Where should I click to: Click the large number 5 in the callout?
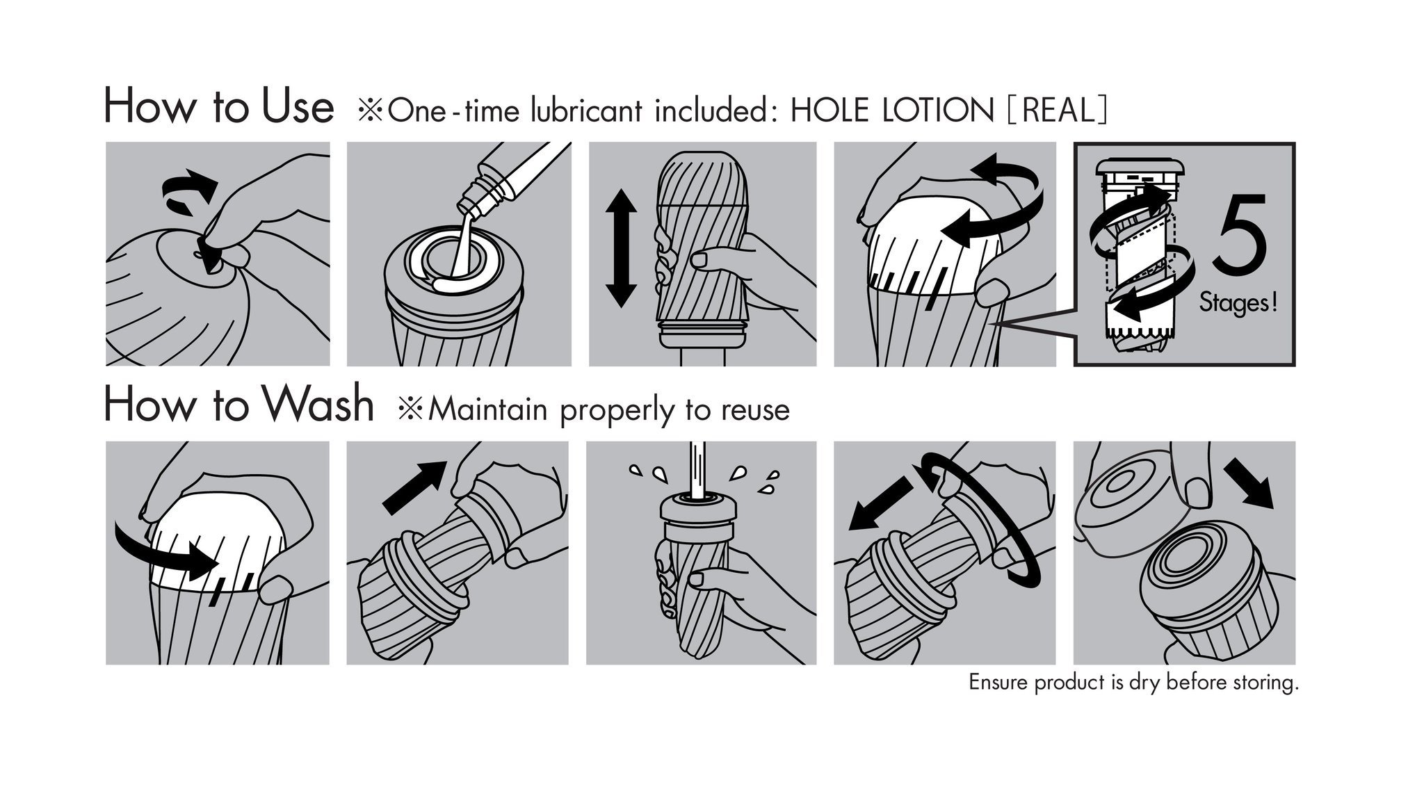(x=1240, y=235)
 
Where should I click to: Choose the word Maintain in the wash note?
(x=488, y=409)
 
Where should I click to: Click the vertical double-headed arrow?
(x=620, y=248)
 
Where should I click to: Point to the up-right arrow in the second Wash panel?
(x=414, y=487)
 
